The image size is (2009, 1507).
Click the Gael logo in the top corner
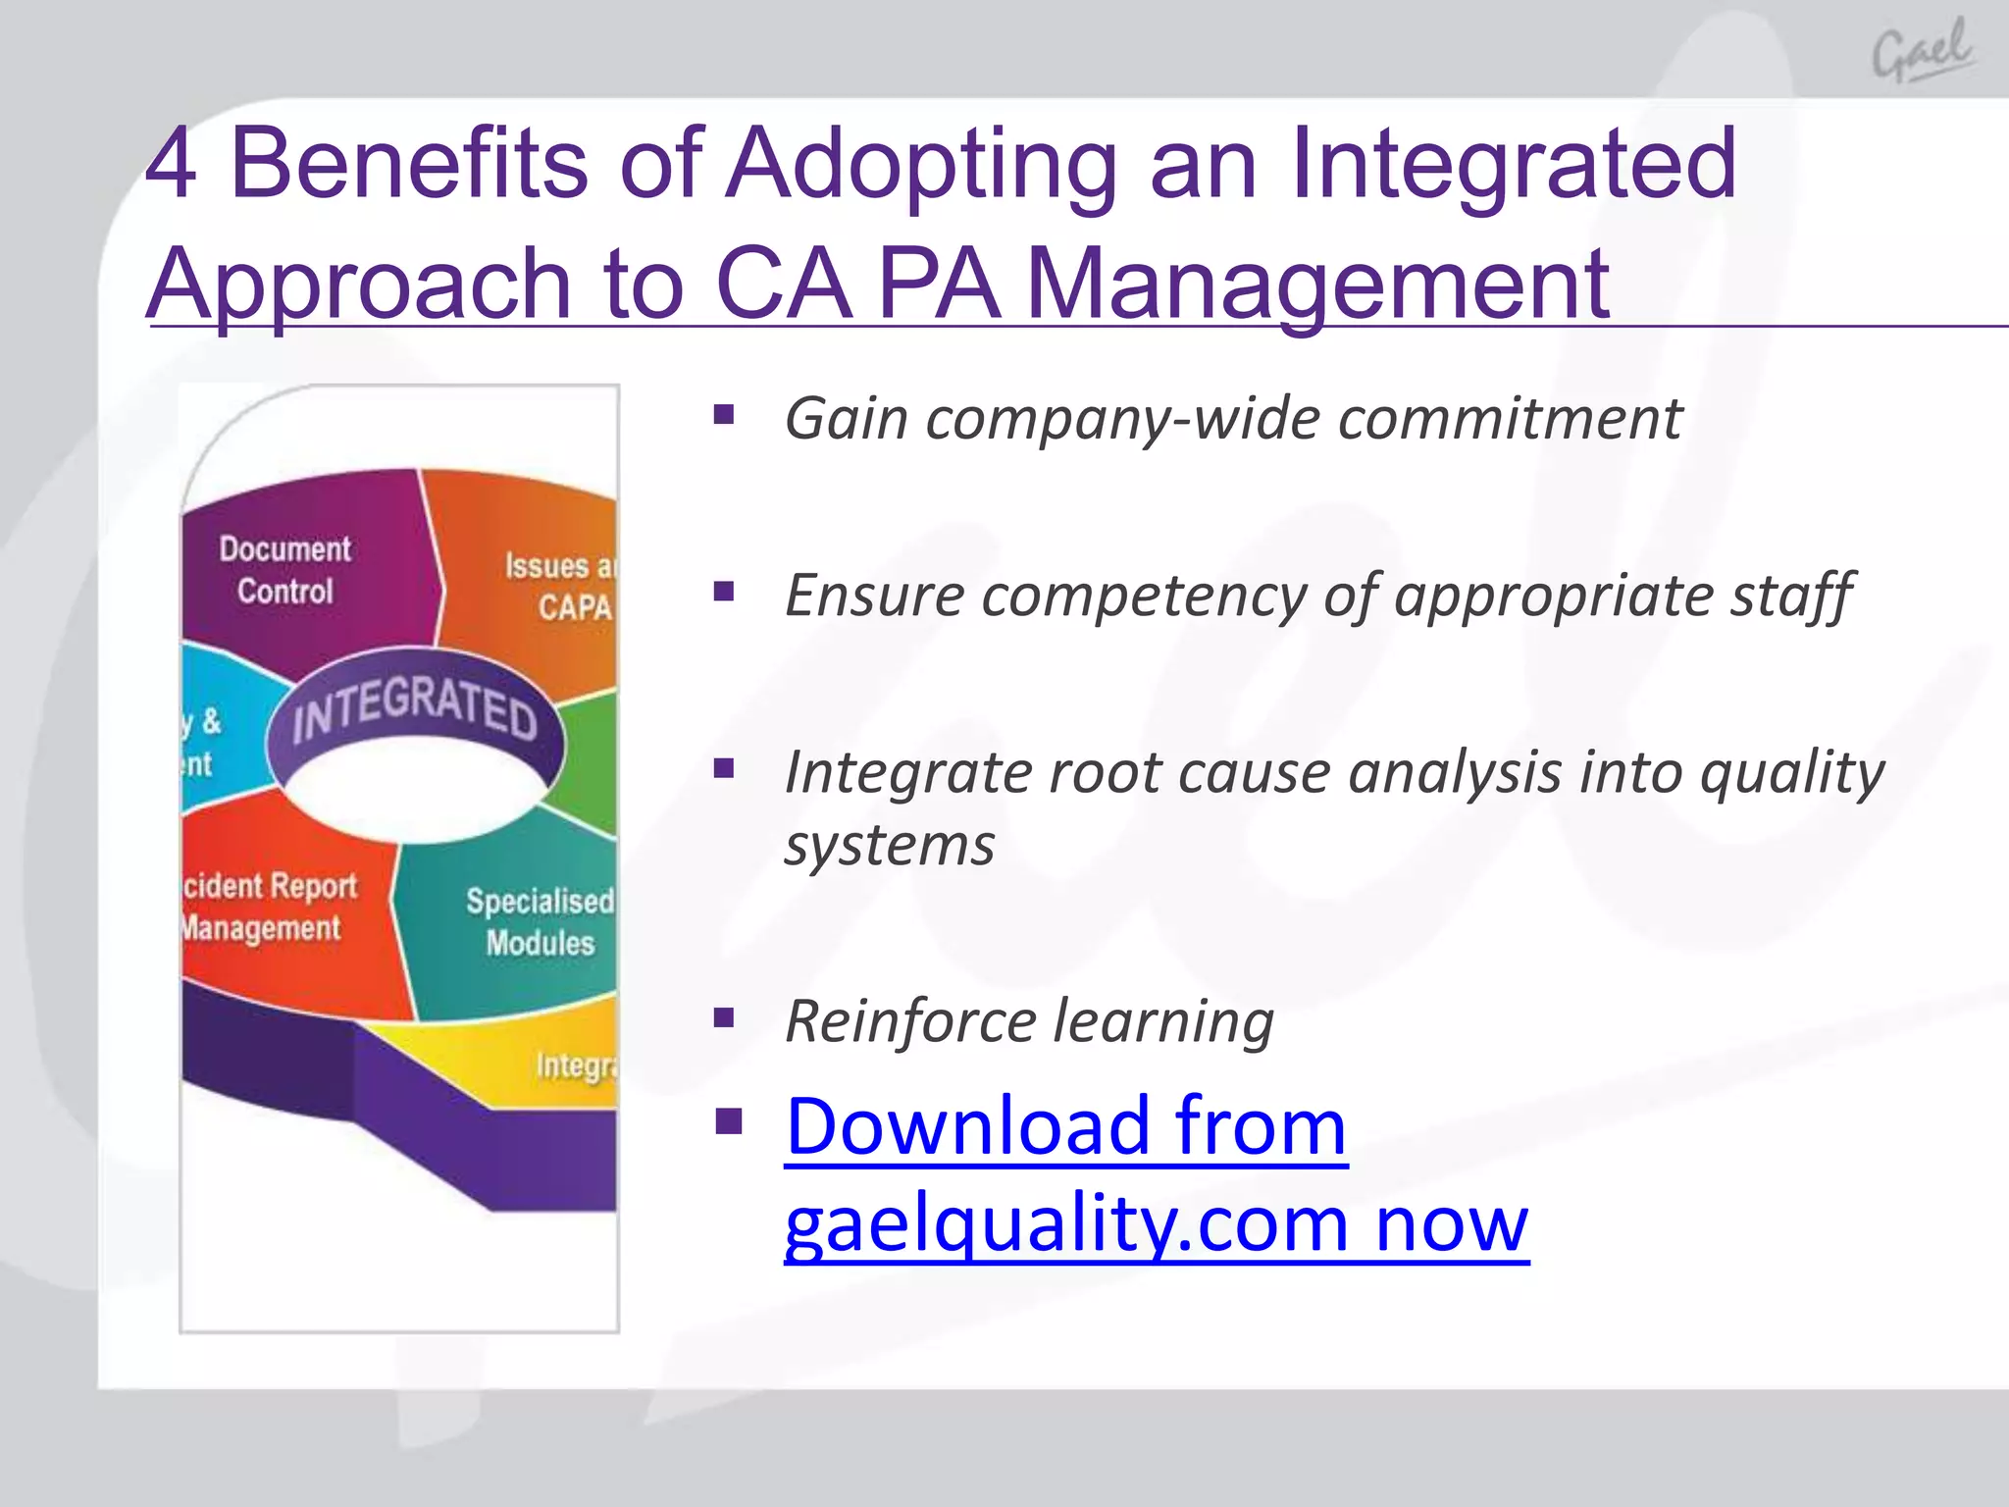pyautogui.click(x=1923, y=51)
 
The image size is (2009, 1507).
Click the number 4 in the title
pyautogui.click(x=171, y=164)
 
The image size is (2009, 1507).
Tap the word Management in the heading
pyautogui.click(x=1316, y=284)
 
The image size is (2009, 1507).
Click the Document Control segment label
pyautogui.click(x=284, y=570)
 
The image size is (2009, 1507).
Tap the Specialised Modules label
pyautogui.click(x=540, y=921)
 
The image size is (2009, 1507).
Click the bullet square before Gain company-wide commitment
pyautogui.click(x=724, y=415)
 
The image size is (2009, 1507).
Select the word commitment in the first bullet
pyautogui.click(x=1510, y=419)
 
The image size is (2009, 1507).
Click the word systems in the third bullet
pyautogui.click(x=889, y=845)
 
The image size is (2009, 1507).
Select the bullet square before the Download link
pyautogui.click(x=728, y=1119)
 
